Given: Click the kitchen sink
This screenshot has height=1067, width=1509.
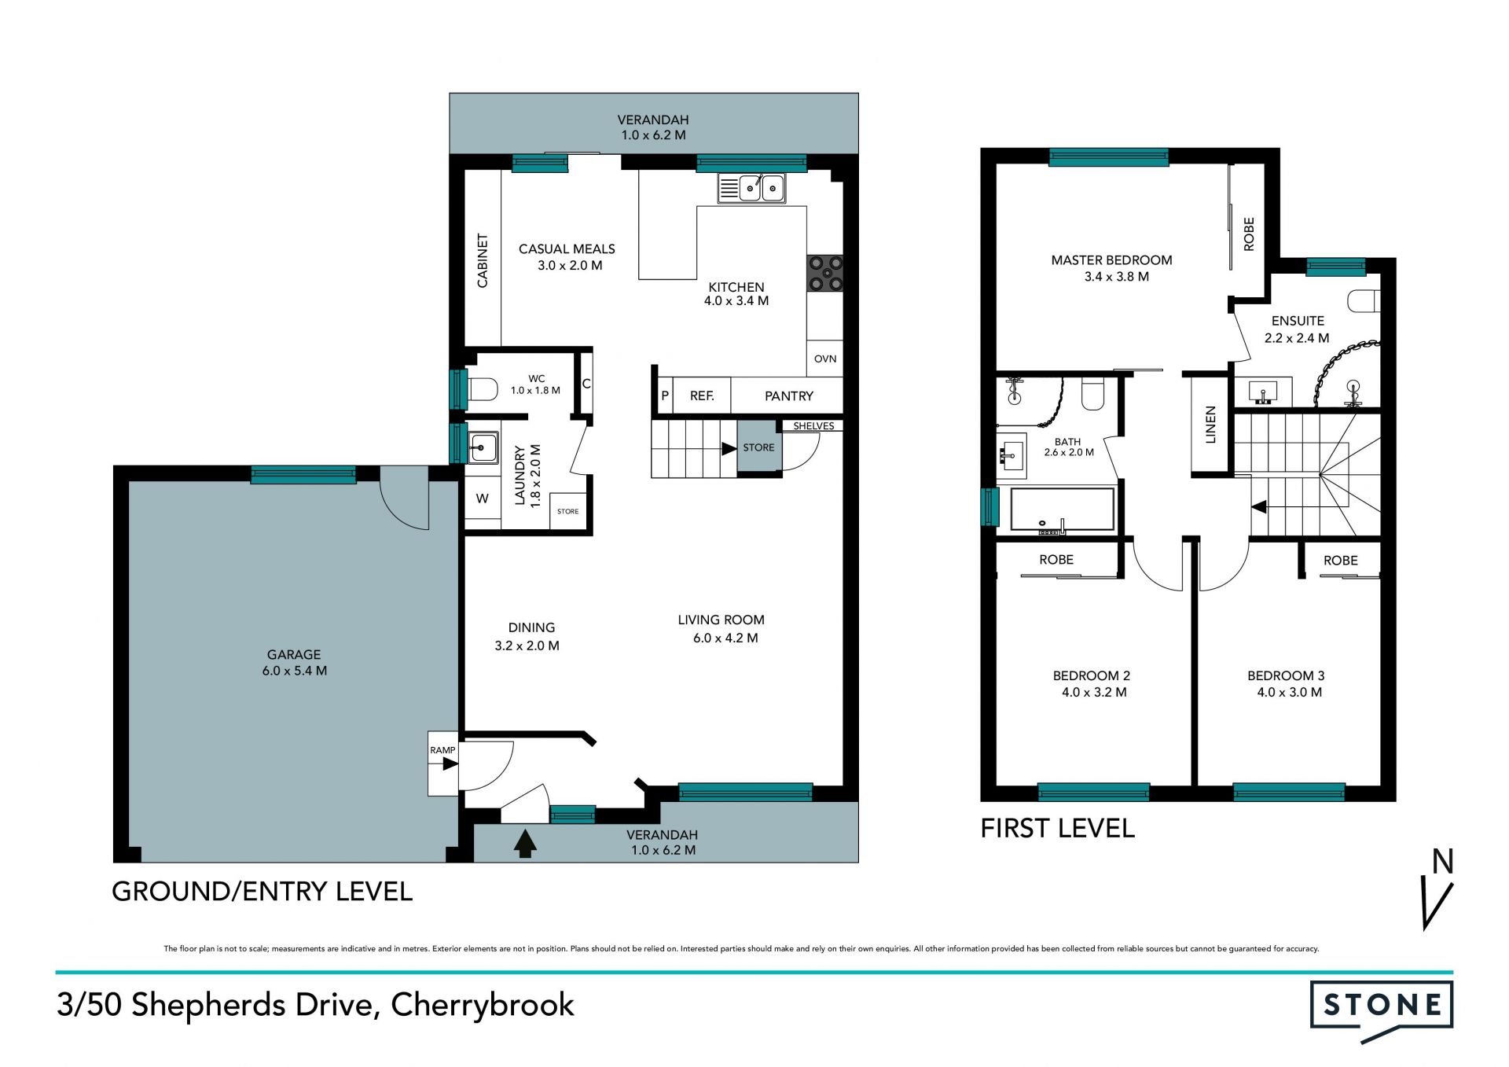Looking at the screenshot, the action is click(x=751, y=189).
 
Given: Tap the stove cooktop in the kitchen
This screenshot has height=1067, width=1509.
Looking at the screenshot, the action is click(x=825, y=273).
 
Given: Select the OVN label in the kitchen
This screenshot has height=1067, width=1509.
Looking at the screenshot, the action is click(x=825, y=359).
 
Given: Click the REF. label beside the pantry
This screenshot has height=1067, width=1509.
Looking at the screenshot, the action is click(x=702, y=396).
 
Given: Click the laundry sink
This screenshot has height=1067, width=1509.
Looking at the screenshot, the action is click(x=483, y=447).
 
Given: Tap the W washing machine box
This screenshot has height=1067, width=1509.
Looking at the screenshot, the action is click(x=483, y=499).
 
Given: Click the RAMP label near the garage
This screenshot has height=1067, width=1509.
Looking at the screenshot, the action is click(x=442, y=750).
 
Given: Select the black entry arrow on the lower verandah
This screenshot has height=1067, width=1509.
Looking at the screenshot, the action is click(x=525, y=843).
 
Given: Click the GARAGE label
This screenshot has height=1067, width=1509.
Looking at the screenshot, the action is click(x=294, y=654).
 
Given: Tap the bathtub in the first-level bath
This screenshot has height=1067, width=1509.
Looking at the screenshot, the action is click(x=1062, y=510).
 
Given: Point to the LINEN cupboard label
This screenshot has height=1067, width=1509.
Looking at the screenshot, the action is click(x=1210, y=425).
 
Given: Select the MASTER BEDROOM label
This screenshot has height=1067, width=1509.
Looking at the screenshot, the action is click(x=1111, y=260).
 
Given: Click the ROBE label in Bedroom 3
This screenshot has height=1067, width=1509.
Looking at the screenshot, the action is click(x=1340, y=561).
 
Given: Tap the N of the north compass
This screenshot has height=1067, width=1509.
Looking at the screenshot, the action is click(x=1442, y=862).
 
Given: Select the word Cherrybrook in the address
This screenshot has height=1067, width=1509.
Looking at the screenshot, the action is click(x=483, y=1005).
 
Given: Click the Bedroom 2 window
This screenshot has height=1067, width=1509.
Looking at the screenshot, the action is click(x=1093, y=791).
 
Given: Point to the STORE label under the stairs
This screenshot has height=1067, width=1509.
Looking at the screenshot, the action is click(x=758, y=447).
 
